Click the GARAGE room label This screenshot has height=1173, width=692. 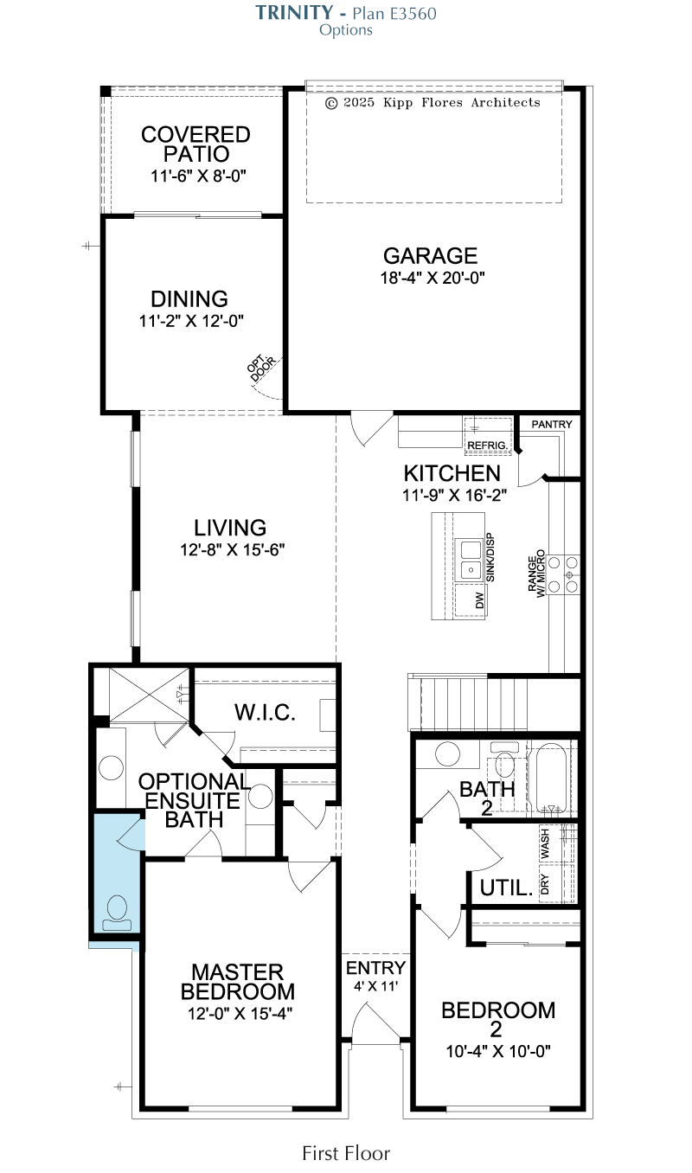430,256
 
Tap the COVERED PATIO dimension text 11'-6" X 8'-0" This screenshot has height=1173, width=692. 198,176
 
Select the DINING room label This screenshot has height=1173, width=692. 189,299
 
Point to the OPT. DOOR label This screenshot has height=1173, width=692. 261,368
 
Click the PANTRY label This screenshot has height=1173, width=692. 552,424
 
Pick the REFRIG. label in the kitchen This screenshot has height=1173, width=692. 487,445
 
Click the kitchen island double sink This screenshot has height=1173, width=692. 471,560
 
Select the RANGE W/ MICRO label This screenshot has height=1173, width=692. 536,574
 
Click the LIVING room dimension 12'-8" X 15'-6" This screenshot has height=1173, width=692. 233,550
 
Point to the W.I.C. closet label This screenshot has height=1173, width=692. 265,713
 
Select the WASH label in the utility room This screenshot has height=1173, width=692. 545,843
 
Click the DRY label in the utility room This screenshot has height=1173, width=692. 545,884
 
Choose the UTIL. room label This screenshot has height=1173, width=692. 506,888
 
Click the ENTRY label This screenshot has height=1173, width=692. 375,967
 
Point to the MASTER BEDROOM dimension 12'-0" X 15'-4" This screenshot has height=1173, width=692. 240,1013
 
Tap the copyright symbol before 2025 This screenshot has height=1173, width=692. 330,103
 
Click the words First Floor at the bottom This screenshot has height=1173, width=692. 346,1153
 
